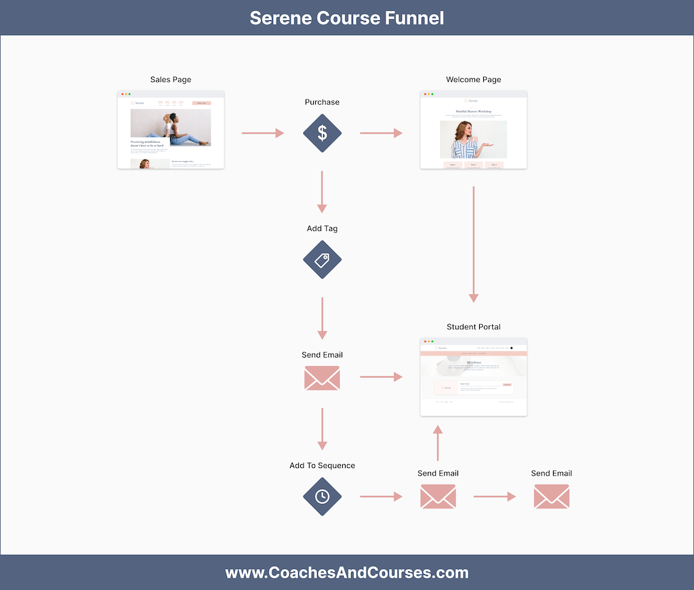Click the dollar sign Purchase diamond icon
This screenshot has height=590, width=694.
pos(322,133)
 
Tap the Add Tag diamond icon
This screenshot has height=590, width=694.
pos(322,260)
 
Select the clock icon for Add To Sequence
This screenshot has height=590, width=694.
pos(322,497)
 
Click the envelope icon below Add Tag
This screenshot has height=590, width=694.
pos(322,378)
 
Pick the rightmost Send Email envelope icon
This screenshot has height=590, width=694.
pos(551,497)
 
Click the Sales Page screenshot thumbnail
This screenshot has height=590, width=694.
pos(171,130)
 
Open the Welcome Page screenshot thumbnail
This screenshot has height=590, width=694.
pos(473,130)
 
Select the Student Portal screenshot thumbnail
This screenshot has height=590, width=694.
pos(473,377)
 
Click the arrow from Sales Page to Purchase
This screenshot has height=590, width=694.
pos(263,133)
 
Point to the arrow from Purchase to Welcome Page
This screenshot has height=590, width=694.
pos(381,133)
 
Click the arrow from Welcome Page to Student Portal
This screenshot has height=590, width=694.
pos(473,244)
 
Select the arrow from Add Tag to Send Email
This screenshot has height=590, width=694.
pos(322,318)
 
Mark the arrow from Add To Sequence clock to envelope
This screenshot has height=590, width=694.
pos(381,497)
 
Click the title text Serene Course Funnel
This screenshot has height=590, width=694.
pos(347,18)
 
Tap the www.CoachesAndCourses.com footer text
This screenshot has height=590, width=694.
pos(347,573)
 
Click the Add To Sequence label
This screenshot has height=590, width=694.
pos(322,465)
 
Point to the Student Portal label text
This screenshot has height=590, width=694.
pos(473,327)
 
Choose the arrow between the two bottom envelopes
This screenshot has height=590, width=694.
pos(495,497)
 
